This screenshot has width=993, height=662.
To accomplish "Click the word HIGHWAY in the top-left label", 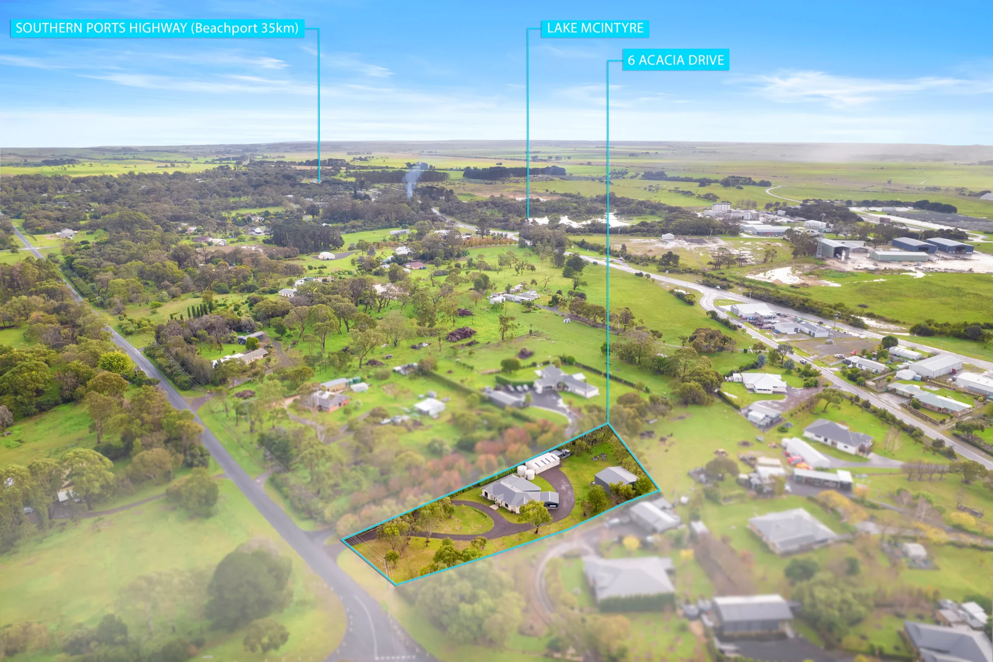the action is [158, 28].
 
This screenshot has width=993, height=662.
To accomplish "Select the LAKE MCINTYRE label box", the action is [595, 28].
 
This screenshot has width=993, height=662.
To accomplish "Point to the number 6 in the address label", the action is [631, 60].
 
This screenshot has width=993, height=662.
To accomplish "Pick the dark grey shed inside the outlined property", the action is [616, 479].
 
